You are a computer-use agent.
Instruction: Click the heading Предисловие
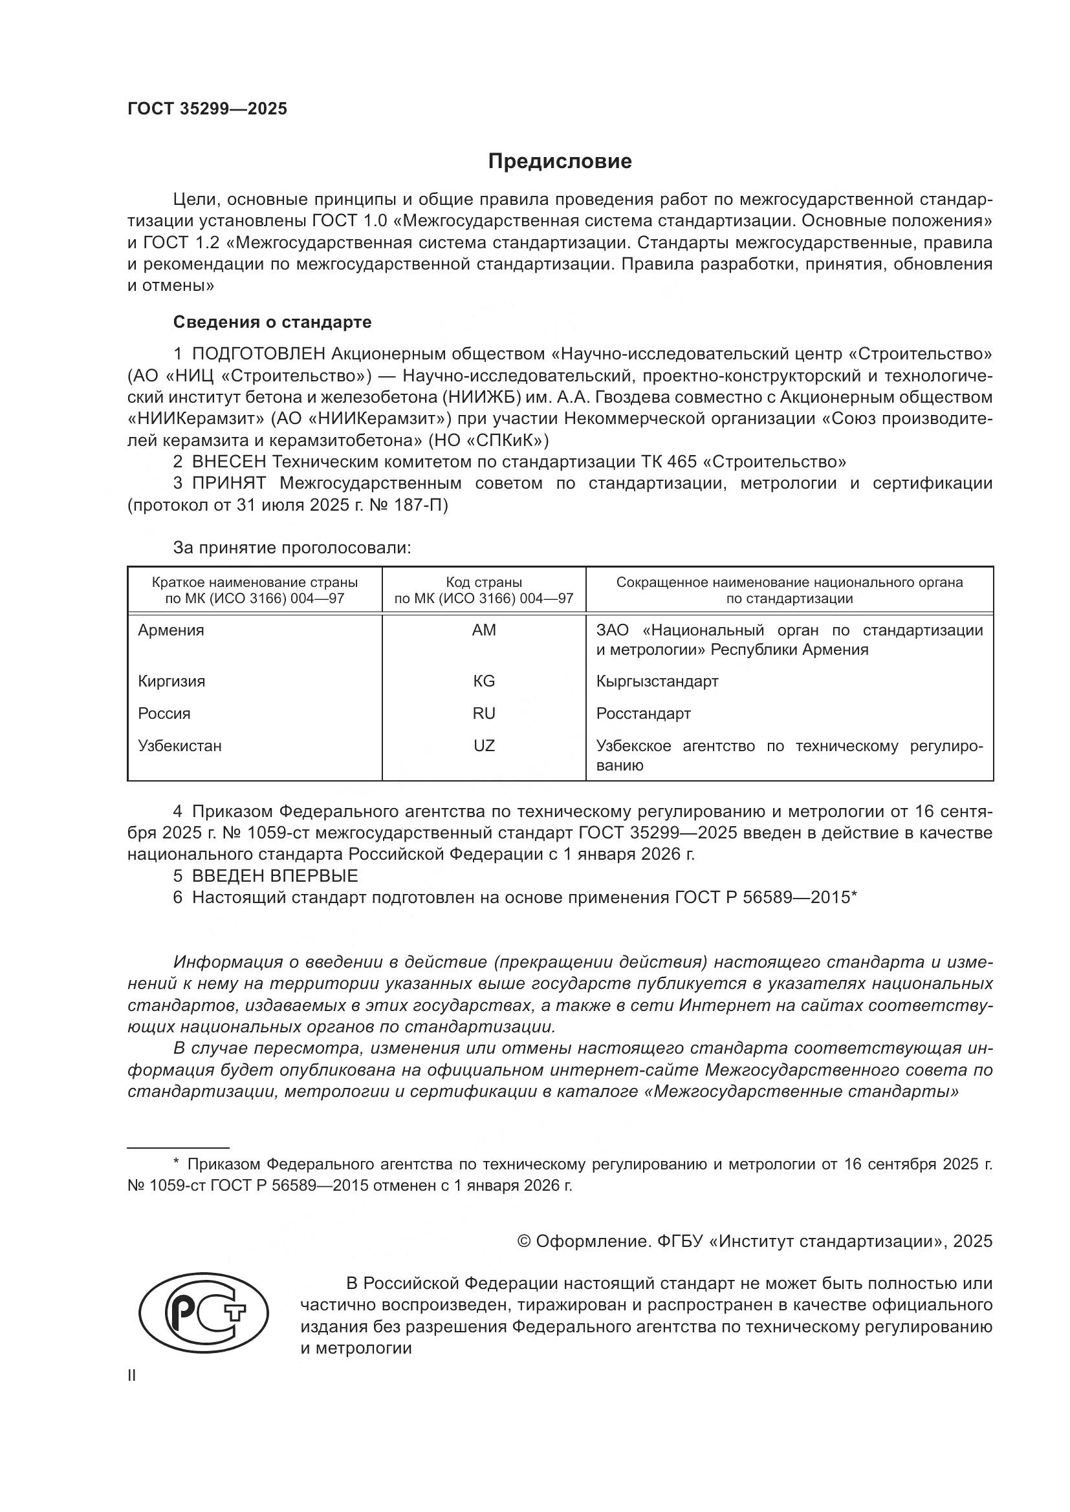pyautogui.click(x=560, y=162)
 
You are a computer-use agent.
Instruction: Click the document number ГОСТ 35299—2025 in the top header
pyautogui.click(x=208, y=109)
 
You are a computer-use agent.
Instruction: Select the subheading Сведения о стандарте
pyautogui.click(x=272, y=322)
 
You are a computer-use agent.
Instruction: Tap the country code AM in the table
pyautogui.click(x=484, y=630)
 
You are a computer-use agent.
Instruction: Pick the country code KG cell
pyautogui.click(x=484, y=681)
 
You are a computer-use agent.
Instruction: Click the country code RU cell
pyautogui.click(x=484, y=713)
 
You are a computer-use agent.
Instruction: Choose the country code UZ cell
pyautogui.click(x=484, y=745)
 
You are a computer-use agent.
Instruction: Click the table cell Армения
pyautogui.click(x=171, y=630)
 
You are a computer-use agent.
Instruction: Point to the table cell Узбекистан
pyautogui.click(x=180, y=745)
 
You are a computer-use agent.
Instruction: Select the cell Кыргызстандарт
pyautogui.click(x=657, y=681)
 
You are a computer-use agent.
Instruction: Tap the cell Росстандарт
pyautogui.click(x=643, y=713)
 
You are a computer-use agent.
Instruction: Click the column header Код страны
pyautogui.click(x=484, y=582)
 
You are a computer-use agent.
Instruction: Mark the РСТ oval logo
pyautogui.click(x=204, y=1312)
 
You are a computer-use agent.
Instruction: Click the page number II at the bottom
pyautogui.click(x=132, y=1375)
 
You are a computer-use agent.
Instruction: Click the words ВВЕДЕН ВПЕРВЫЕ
pyautogui.click(x=275, y=876)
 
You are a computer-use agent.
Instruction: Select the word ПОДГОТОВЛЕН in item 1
pyautogui.click(x=258, y=354)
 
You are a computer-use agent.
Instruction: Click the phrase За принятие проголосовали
pyautogui.click(x=292, y=548)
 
